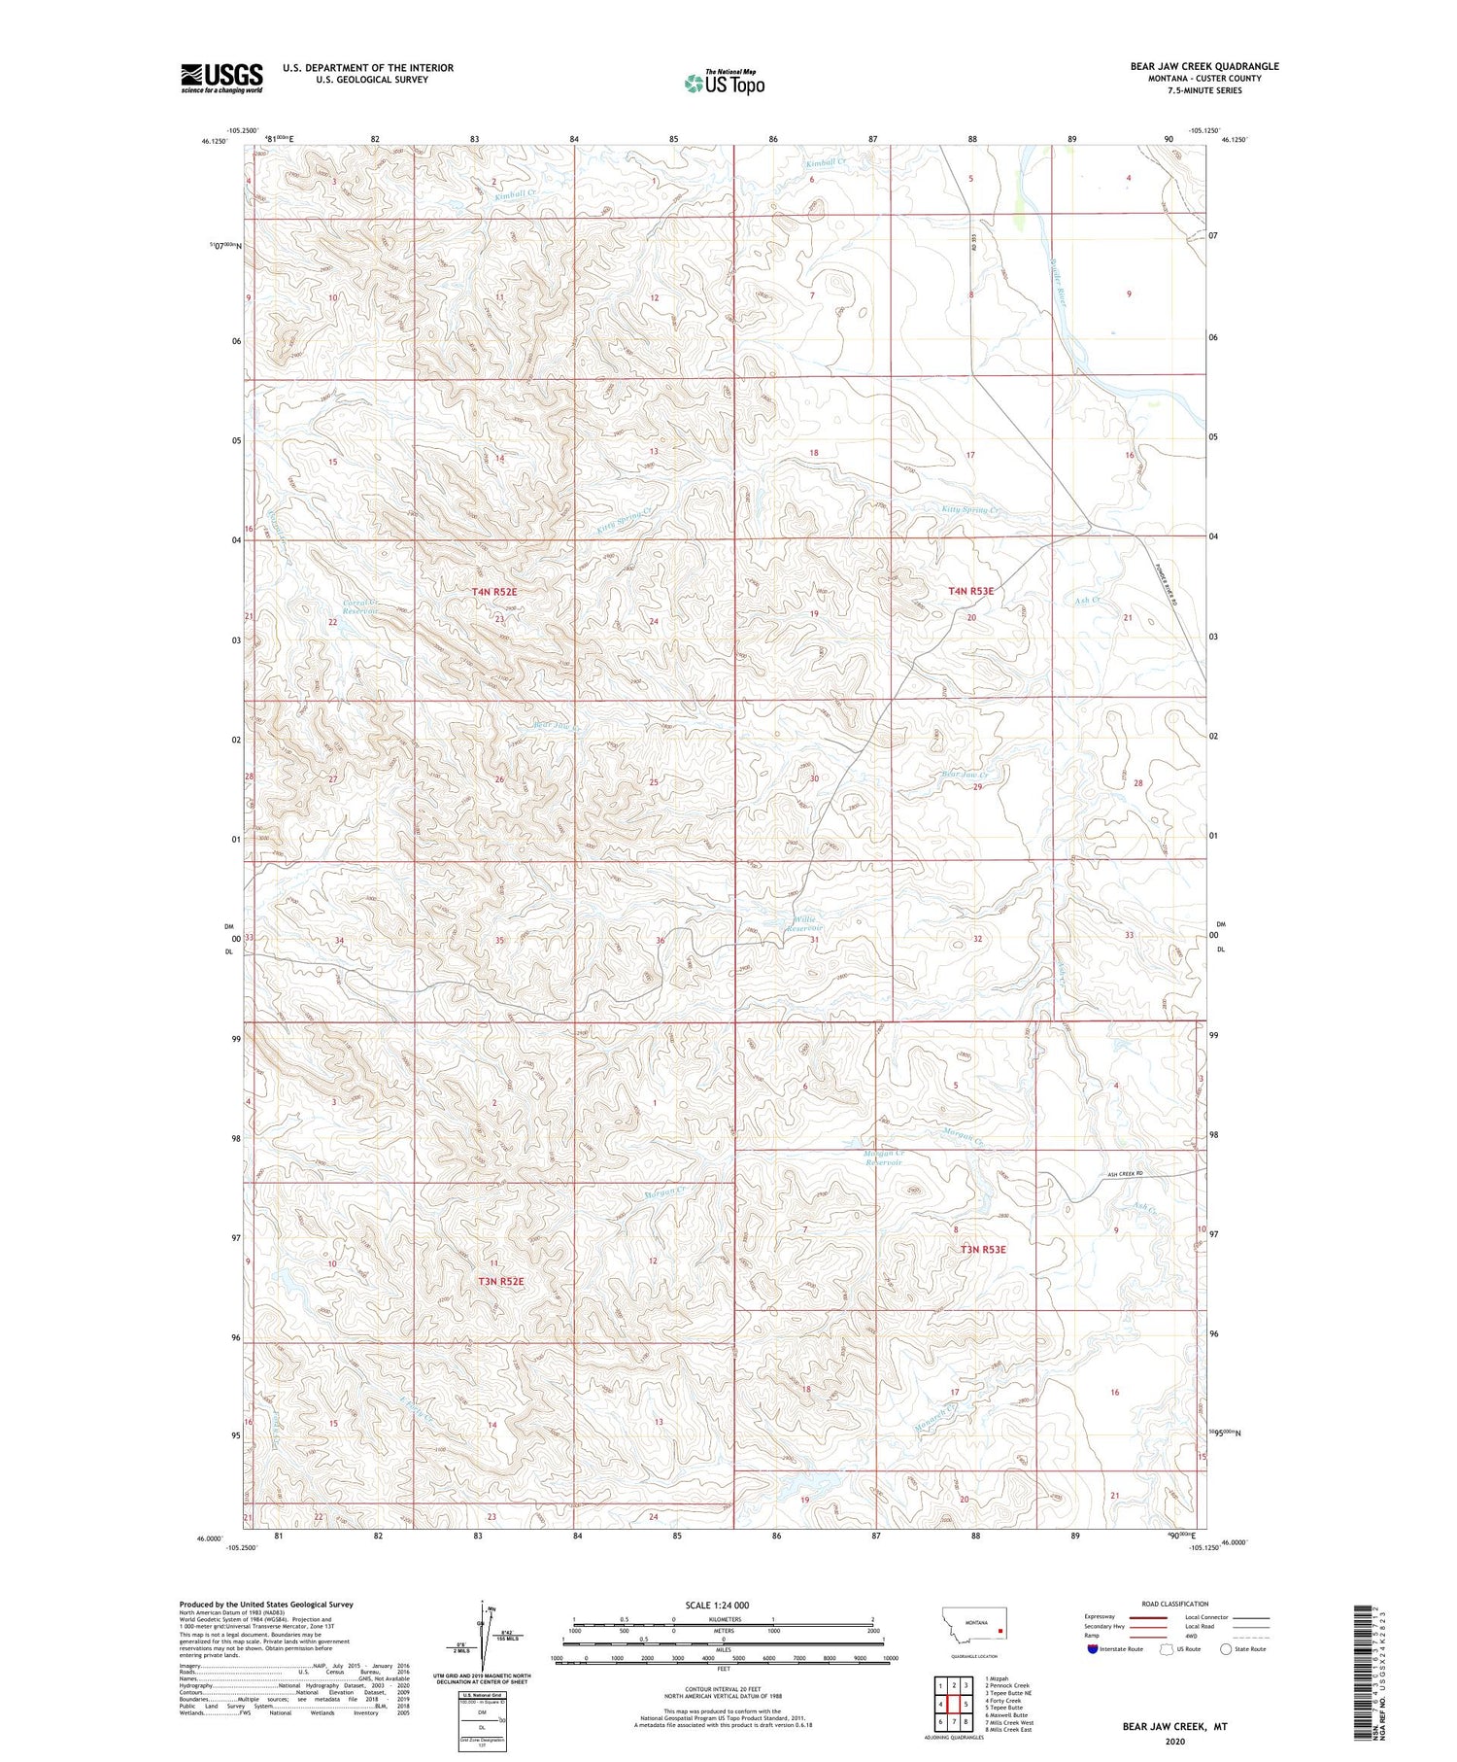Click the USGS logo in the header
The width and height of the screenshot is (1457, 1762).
[221, 78]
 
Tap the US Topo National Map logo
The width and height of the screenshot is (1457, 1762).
[725, 83]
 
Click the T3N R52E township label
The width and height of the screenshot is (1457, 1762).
[500, 1281]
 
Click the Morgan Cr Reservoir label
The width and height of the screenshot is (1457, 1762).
[883, 1157]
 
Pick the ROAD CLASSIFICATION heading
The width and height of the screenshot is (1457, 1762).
[1175, 1604]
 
